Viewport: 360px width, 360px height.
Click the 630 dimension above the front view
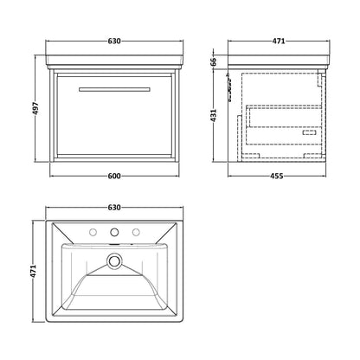pos(114,41)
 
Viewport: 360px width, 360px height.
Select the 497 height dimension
pos(35,108)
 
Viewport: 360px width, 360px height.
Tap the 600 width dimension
pos(114,176)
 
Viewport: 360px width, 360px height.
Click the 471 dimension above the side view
pos(279,41)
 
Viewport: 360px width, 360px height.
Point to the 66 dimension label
pos(213,61)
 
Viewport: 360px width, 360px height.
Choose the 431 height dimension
pos(214,115)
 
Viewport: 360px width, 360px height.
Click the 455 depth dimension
pos(277,176)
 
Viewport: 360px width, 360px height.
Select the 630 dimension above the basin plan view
pos(114,207)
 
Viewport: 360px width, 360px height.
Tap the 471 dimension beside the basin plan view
pos(34,271)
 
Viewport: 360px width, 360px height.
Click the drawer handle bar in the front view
pos(114,89)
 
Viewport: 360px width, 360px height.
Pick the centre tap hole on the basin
pos(114,232)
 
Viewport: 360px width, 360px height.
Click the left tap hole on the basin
pos(93,232)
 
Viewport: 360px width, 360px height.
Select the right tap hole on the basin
pos(136,232)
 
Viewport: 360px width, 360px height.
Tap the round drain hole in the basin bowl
pos(114,260)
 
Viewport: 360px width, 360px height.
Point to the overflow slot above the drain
pos(114,246)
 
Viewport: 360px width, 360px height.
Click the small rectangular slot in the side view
pos(309,132)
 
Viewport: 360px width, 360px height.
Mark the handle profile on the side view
pos(229,87)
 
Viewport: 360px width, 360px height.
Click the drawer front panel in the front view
pos(114,115)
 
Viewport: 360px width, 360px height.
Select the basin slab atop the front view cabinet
pos(114,60)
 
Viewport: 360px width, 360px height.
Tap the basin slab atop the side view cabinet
pos(279,60)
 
